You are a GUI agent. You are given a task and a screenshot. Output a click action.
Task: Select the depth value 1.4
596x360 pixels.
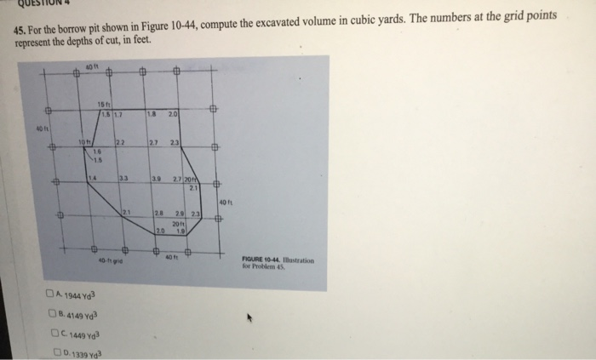[x=91, y=176]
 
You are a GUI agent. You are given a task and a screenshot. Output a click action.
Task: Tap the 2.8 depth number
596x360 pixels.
[x=158, y=211]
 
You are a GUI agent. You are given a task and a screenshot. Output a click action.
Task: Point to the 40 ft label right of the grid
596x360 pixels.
[x=225, y=201]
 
